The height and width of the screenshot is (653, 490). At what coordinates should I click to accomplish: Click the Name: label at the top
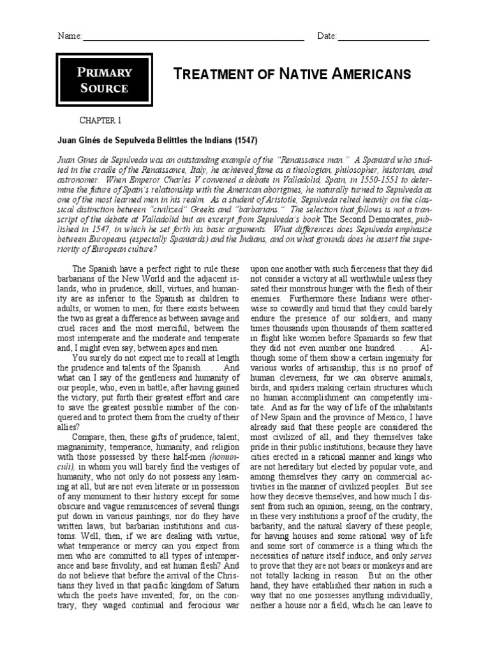70,36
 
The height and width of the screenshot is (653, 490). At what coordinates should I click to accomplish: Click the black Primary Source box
103,80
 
